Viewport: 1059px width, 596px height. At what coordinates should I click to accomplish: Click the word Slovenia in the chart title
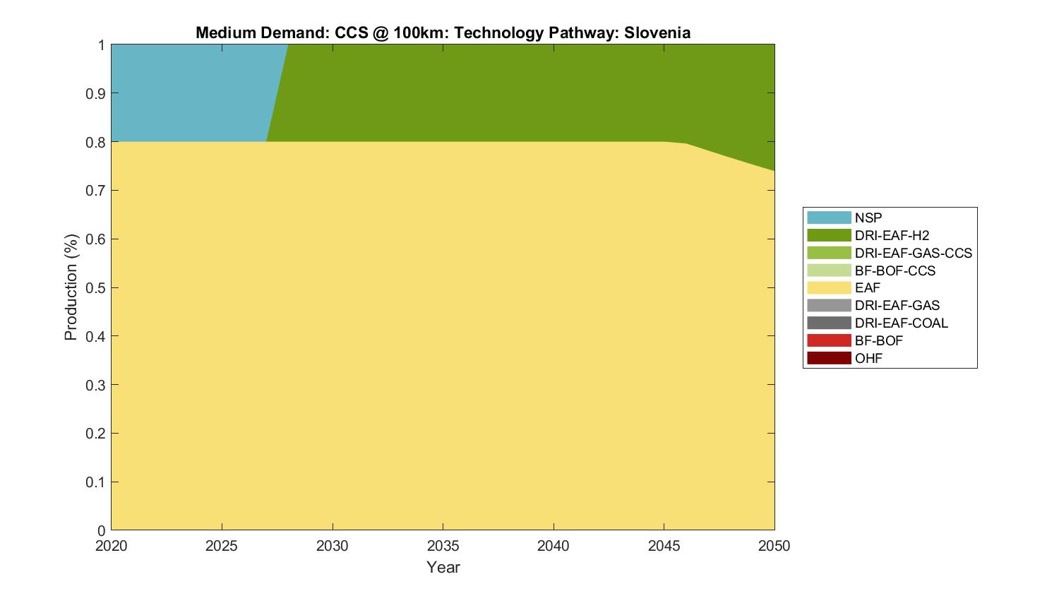coord(657,32)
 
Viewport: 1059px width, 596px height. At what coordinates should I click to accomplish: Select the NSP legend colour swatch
coord(829,217)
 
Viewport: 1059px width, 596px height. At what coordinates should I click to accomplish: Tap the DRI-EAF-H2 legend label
coord(892,235)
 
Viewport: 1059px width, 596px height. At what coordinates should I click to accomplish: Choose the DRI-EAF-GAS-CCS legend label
coord(913,253)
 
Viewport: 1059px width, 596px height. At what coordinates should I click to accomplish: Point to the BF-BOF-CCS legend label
coord(895,270)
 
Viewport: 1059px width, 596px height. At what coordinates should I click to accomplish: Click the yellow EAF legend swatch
coord(829,287)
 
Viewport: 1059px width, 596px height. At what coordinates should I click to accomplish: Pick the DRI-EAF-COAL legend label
coord(901,323)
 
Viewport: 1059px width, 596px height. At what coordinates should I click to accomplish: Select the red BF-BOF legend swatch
coord(829,340)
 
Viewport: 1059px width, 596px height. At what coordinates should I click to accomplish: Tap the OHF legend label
coord(868,358)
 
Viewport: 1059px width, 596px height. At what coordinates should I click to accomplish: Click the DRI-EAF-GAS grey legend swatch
coord(829,305)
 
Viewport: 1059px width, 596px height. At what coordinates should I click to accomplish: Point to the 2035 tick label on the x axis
coord(443,546)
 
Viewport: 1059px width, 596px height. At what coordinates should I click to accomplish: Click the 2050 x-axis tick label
coord(774,546)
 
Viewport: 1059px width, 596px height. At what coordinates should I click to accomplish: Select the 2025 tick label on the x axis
coord(222,546)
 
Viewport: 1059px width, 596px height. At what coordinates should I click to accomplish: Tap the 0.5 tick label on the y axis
coord(96,287)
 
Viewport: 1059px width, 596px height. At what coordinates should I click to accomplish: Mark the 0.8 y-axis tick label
coord(96,142)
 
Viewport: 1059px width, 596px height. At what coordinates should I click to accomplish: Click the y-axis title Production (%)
coord(71,287)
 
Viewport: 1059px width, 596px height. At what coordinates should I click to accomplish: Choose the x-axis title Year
coord(443,567)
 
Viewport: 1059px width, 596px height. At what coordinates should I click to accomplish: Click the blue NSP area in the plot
coord(184,92)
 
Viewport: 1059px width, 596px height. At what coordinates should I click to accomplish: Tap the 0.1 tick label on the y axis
coord(96,482)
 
